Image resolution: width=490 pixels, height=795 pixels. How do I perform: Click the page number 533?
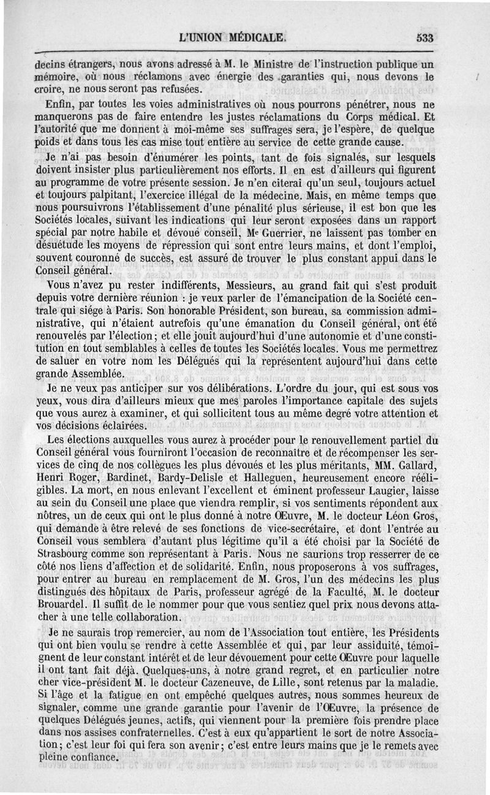click(424, 37)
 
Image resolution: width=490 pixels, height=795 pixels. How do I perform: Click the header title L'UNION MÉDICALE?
click(232, 37)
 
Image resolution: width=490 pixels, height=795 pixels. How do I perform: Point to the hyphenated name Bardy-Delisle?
click(186, 476)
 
